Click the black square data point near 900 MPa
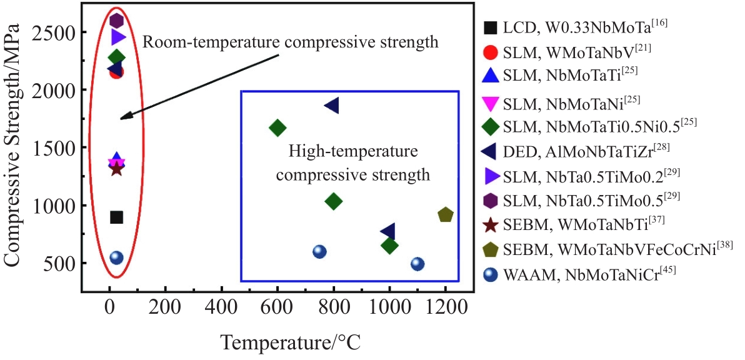[116, 217]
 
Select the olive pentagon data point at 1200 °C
[446, 215]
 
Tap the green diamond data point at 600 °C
[277, 128]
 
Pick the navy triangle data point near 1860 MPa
[332, 106]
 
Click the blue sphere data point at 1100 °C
[417, 264]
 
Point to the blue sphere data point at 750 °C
[319, 251]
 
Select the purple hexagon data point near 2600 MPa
[116, 21]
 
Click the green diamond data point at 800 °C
[334, 201]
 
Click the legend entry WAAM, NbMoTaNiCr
[549, 274]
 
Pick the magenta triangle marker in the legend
[491, 101]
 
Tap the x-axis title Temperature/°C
[291, 342]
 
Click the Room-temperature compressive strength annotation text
[290, 42]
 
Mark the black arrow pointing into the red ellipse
[200, 86]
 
